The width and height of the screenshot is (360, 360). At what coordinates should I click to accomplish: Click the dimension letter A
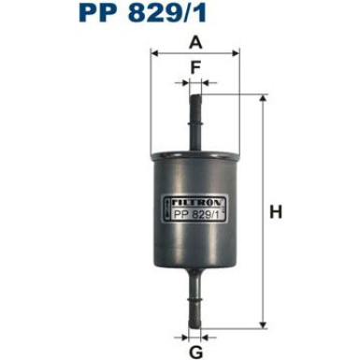[x=195, y=42]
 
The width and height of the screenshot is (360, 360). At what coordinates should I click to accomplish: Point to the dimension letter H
[x=277, y=212]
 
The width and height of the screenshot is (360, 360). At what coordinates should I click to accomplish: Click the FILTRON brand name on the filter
[x=194, y=198]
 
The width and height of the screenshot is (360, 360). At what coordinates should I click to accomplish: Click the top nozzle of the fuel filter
[x=195, y=112]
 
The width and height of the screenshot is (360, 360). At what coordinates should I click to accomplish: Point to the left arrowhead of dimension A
[x=153, y=53]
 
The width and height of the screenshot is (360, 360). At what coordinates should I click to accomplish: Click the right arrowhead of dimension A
[x=238, y=53]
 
